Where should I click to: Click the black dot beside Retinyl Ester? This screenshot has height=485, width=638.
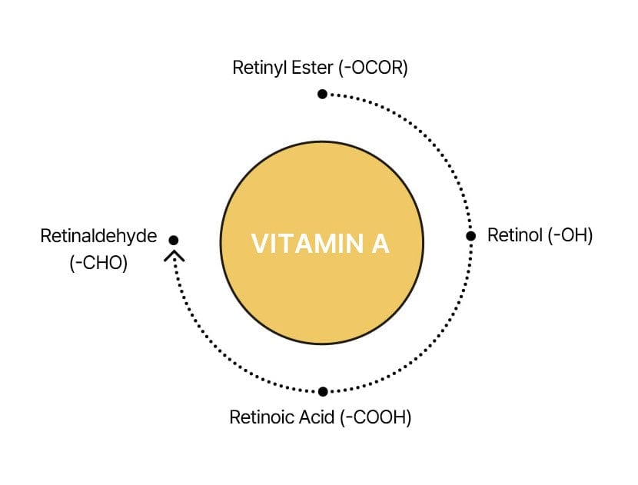(x=322, y=94)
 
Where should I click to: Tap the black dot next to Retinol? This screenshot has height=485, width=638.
(x=471, y=236)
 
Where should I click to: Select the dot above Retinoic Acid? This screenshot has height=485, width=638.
(x=323, y=391)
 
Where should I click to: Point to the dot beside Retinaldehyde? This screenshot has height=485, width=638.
(x=174, y=240)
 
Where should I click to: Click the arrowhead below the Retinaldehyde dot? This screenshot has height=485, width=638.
(x=174, y=255)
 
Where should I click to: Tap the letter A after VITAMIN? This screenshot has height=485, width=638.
(x=380, y=244)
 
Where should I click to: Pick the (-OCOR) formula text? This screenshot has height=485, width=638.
(x=373, y=68)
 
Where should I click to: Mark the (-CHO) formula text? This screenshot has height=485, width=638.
(x=98, y=262)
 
